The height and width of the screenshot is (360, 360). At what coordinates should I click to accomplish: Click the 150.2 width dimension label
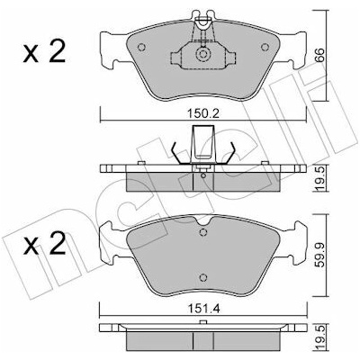click(x=203, y=114)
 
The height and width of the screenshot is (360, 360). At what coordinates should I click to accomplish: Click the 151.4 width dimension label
click(x=203, y=309)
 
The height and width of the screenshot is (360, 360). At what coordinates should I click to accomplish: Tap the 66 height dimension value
click(x=320, y=54)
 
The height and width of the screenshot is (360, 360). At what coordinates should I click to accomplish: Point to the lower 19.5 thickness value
click(x=320, y=339)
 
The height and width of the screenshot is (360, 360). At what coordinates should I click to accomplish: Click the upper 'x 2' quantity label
click(x=44, y=51)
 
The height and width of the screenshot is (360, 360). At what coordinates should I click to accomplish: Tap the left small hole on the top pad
click(x=141, y=48)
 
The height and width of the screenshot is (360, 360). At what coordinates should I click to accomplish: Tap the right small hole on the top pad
click(x=265, y=48)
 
